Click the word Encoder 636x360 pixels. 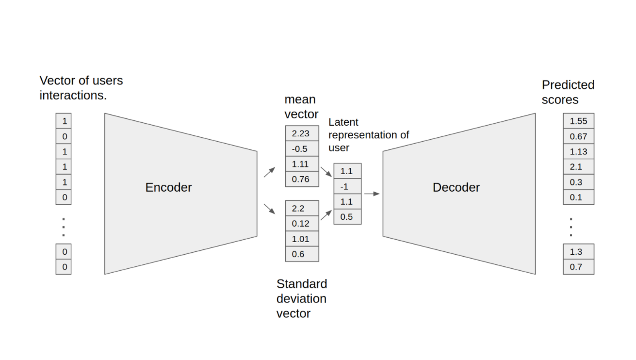168,187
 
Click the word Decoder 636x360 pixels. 456,187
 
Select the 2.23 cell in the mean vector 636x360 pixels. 302,133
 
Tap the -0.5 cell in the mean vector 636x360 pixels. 302,148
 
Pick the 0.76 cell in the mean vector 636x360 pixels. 302,179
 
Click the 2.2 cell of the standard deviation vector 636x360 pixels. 302,209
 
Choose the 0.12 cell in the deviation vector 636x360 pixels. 302,224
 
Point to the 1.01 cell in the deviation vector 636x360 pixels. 302,239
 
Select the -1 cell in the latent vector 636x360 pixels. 347,186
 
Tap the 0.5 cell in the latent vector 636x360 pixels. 347,217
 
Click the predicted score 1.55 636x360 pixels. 578,121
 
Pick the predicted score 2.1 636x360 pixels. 578,166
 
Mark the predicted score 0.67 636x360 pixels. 578,136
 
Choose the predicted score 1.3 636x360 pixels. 578,251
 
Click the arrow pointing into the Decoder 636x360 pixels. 372,194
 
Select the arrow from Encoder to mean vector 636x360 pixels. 269,172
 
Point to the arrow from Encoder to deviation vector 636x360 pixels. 269,209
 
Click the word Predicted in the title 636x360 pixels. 568,85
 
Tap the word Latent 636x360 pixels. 343,122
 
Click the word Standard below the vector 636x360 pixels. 302,284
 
